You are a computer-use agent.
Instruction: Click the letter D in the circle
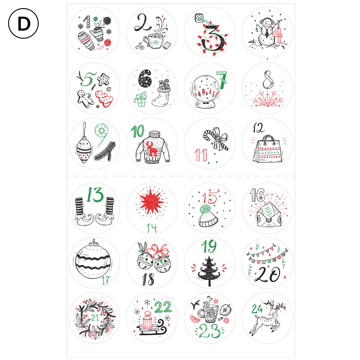[x=24, y=24]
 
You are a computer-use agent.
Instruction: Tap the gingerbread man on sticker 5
[x=85, y=99]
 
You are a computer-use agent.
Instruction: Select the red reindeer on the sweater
[x=152, y=148]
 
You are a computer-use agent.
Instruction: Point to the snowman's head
[x=266, y=22]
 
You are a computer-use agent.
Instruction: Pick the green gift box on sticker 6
[x=140, y=99]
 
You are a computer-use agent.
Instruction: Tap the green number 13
[x=95, y=195]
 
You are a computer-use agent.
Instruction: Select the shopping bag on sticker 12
[x=268, y=149]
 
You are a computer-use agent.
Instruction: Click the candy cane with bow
[x=216, y=138]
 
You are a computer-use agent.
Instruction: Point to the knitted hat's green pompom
[x=205, y=209]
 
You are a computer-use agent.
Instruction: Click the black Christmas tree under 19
[x=209, y=271]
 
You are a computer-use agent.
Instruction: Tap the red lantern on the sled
[x=147, y=319]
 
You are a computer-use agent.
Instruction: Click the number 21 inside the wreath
[x=95, y=318]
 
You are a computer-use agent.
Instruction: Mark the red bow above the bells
[x=157, y=250]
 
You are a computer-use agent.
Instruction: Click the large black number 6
[x=145, y=79]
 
